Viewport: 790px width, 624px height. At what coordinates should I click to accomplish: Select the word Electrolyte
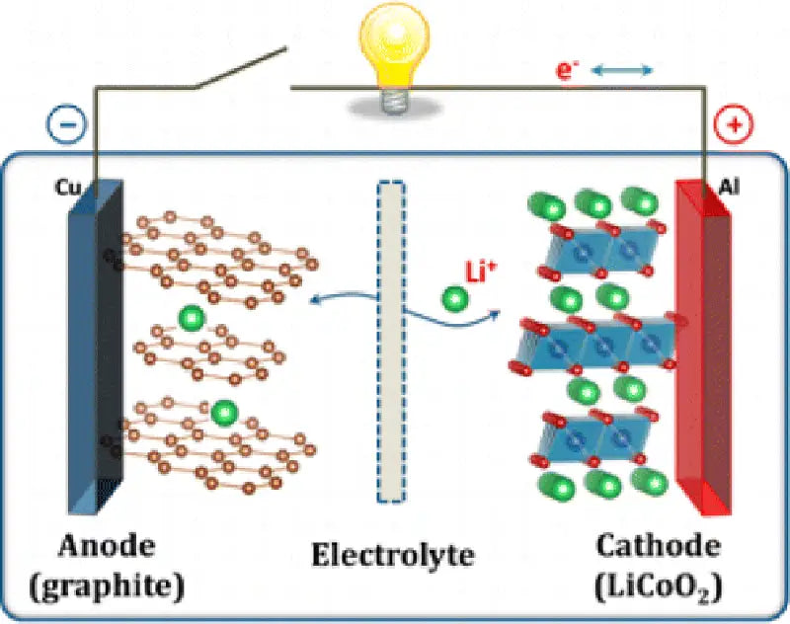point(393,556)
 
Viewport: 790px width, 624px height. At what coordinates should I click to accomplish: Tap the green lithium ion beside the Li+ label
point(453,296)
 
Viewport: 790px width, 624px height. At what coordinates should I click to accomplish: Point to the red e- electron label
point(564,70)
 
